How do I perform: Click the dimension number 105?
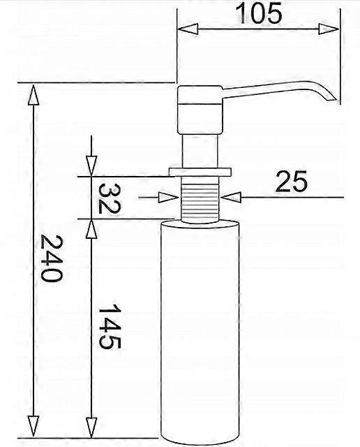tap(259, 13)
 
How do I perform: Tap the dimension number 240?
tap(51, 258)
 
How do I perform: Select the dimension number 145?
tap(110, 326)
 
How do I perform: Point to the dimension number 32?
tap(110, 198)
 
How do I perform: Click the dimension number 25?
tap(292, 181)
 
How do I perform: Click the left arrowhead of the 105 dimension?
tap(188, 29)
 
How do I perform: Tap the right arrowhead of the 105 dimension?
tap(329, 29)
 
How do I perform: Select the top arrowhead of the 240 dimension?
tap(33, 95)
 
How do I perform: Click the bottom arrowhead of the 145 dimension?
tap(91, 427)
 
